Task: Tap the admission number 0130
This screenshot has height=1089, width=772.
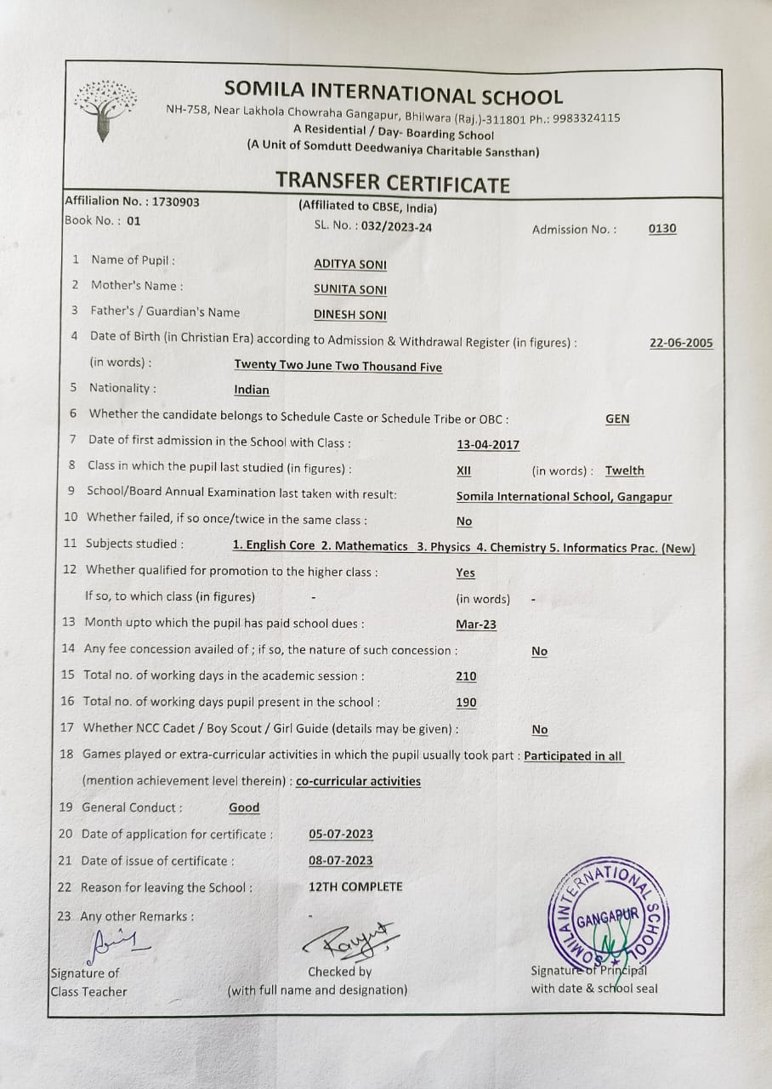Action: pos(662,229)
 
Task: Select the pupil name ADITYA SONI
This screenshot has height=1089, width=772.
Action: pos(350,265)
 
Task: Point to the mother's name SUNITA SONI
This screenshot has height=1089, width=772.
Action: pos(350,290)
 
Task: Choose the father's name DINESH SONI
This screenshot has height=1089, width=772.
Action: pos(350,316)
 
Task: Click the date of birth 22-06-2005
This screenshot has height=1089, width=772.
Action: pos(681,344)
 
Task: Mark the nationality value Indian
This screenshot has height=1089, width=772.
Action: pos(252,391)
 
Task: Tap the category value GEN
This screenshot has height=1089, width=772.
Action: pos(617,419)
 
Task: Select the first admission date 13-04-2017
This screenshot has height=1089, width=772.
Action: pos(488,445)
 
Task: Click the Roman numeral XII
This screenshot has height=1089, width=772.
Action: pos(463,471)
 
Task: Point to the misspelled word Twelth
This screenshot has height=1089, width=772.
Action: pos(625,471)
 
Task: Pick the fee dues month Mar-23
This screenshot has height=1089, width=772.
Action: pos(476,624)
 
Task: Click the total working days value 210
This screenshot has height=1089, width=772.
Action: pos(466,676)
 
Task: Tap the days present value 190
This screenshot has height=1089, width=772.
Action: pos(466,703)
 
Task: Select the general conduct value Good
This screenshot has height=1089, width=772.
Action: pos(245,808)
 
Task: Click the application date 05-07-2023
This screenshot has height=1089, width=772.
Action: pos(341,835)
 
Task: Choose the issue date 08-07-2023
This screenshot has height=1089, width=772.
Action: pos(341,861)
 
